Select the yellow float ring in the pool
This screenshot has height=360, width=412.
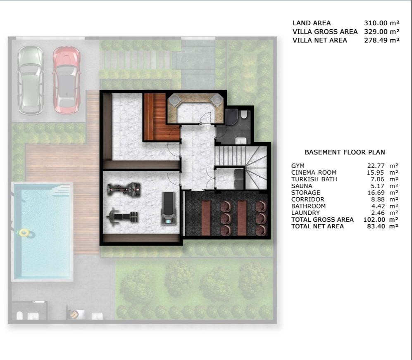(x=24, y=233)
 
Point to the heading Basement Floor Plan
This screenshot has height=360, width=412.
(x=345, y=152)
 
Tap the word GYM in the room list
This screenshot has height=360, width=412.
(x=298, y=166)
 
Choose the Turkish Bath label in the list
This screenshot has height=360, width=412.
(x=314, y=179)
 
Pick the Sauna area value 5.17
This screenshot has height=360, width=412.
(x=373, y=186)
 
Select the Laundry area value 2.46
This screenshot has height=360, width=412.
(x=373, y=213)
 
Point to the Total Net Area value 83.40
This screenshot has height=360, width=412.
(x=371, y=226)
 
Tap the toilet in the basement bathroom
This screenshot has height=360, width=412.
(x=244, y=114)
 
